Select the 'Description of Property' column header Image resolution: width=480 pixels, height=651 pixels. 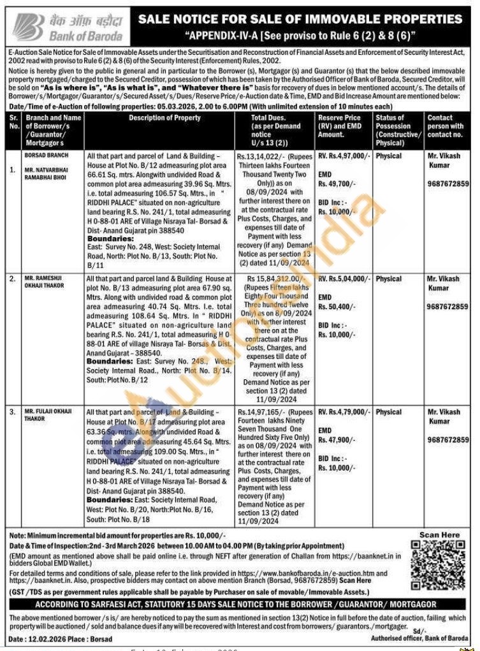164,118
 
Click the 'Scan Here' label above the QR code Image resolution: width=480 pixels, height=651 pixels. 439,535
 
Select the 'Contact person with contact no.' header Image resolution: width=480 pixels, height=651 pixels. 445,126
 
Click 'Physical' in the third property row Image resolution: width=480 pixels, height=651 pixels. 389,413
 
